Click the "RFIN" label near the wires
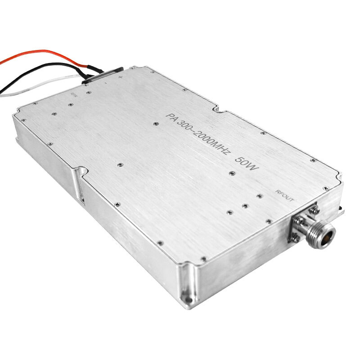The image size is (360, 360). [75, 95]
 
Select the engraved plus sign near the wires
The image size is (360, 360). [120, 77]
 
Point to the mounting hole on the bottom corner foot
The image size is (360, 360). [185, 297]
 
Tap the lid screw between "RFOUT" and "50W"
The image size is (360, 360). [260, 196]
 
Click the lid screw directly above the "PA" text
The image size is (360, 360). [155, 123]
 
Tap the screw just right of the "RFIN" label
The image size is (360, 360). [89, 92]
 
